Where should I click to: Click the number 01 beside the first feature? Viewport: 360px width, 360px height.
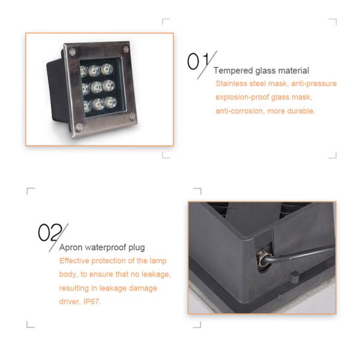coord(199,61)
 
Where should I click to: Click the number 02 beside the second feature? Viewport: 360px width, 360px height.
coord(50,232)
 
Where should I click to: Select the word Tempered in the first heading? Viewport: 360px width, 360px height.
coord(233,71)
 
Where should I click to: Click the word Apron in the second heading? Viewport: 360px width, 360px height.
coord(71,247)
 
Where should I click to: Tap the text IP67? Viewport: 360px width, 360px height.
coord(92,301)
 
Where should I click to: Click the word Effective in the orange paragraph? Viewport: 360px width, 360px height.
coord(74,261)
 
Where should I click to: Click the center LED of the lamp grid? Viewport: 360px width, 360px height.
coord(96,87)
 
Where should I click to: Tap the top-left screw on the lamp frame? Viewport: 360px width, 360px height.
coord(72,52)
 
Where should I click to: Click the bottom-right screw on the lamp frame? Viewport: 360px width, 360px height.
coord(132,118)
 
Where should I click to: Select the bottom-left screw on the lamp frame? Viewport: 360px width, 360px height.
coord(79,127)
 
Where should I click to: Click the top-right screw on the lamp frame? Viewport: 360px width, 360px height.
coord(126,49)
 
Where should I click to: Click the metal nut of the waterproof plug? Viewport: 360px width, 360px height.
coord(262,258)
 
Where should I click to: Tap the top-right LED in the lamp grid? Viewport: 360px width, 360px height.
coord(107,69)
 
